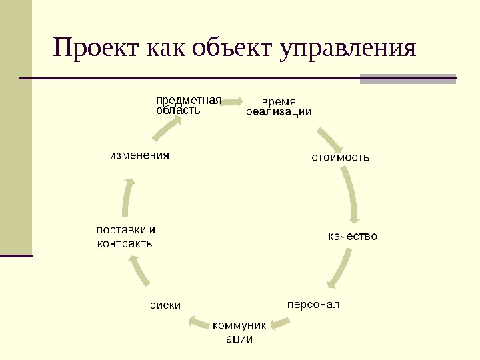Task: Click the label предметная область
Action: click(188, 105)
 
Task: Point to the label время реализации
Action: click(279, 107)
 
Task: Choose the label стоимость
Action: click(341, 158)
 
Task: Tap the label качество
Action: click(353, 236)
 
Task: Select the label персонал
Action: click(313, 305)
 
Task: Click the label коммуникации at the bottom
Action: click(239, 332)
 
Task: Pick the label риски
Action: click(165, 305)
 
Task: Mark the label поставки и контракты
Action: click(127, 237)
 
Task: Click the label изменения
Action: click(139, 155)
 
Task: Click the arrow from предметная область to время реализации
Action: click(233, 101)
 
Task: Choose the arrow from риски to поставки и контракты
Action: click(141, 271)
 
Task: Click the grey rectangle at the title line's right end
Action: click(407, 79)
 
